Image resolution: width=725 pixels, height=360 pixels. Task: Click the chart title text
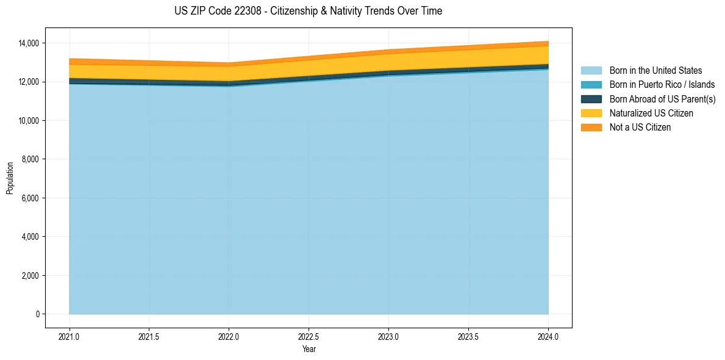(308, 11)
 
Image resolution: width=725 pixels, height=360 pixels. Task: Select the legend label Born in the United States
(655, 71)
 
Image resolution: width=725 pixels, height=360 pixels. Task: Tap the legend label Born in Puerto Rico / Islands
(662, 85)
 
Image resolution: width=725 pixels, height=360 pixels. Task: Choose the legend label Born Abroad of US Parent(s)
(662, 99)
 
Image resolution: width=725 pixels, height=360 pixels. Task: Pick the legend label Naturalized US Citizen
(651, 113)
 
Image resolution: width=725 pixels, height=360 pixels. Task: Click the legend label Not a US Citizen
(640, 127)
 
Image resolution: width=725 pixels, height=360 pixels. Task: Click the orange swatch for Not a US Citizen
(591, 127)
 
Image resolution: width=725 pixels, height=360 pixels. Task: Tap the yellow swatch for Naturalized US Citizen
(591, 113)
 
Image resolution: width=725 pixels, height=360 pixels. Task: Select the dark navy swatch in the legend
(591, 99)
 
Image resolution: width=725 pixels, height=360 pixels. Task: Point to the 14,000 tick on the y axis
(29, 43)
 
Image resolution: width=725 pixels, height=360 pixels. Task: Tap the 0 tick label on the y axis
(37, 314)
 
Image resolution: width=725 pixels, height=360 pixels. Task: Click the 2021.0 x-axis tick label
(70, 336)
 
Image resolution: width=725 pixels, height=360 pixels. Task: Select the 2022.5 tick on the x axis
(309, 336)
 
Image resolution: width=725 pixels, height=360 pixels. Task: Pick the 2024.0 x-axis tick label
(548, 336)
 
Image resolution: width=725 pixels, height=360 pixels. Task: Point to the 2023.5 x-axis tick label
(468, 336)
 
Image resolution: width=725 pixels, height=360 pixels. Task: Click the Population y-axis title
(10, 178)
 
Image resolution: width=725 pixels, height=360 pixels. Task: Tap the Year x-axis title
(309, 349)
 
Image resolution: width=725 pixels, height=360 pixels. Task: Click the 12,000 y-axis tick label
(29, 82)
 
